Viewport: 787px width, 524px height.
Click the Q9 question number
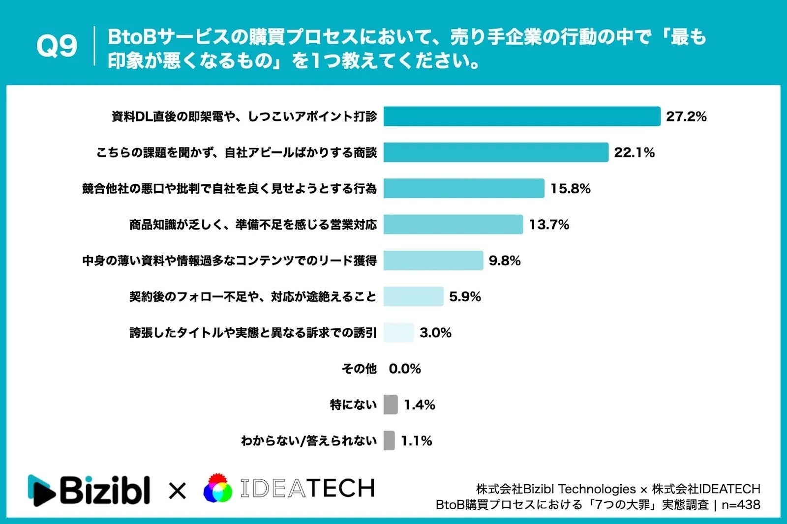(x=57, y=46)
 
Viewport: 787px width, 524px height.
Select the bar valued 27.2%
(x=521, y=116)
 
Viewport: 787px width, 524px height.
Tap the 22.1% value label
(x=634, y=152)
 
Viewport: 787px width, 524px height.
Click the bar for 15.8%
(x=463, y=188)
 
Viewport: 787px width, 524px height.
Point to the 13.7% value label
(x=549, y=225)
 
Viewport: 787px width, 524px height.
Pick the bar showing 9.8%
(x=433, y=261)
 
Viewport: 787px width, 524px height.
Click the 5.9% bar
(x=413, y=296)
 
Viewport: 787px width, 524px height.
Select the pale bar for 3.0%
(x=398, y=333)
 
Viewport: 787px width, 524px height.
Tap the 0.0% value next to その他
(x=404, y=369)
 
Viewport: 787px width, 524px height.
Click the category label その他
(x=359, y=369)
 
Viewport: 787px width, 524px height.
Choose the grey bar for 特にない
(x=391, y=405)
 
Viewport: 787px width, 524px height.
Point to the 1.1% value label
(x=416, y=441)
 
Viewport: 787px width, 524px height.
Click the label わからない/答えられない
(x=308, y=441)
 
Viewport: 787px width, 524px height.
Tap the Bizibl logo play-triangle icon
(x=42, y=490)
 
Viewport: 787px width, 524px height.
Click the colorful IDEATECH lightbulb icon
(x=218, y=488)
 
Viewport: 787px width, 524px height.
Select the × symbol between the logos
(x=177, y=491)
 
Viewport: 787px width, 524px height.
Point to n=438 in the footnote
(x=741, y=505)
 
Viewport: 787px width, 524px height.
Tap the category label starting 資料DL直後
(x=244, y=116)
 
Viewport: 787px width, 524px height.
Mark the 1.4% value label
(x=419, y=405)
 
